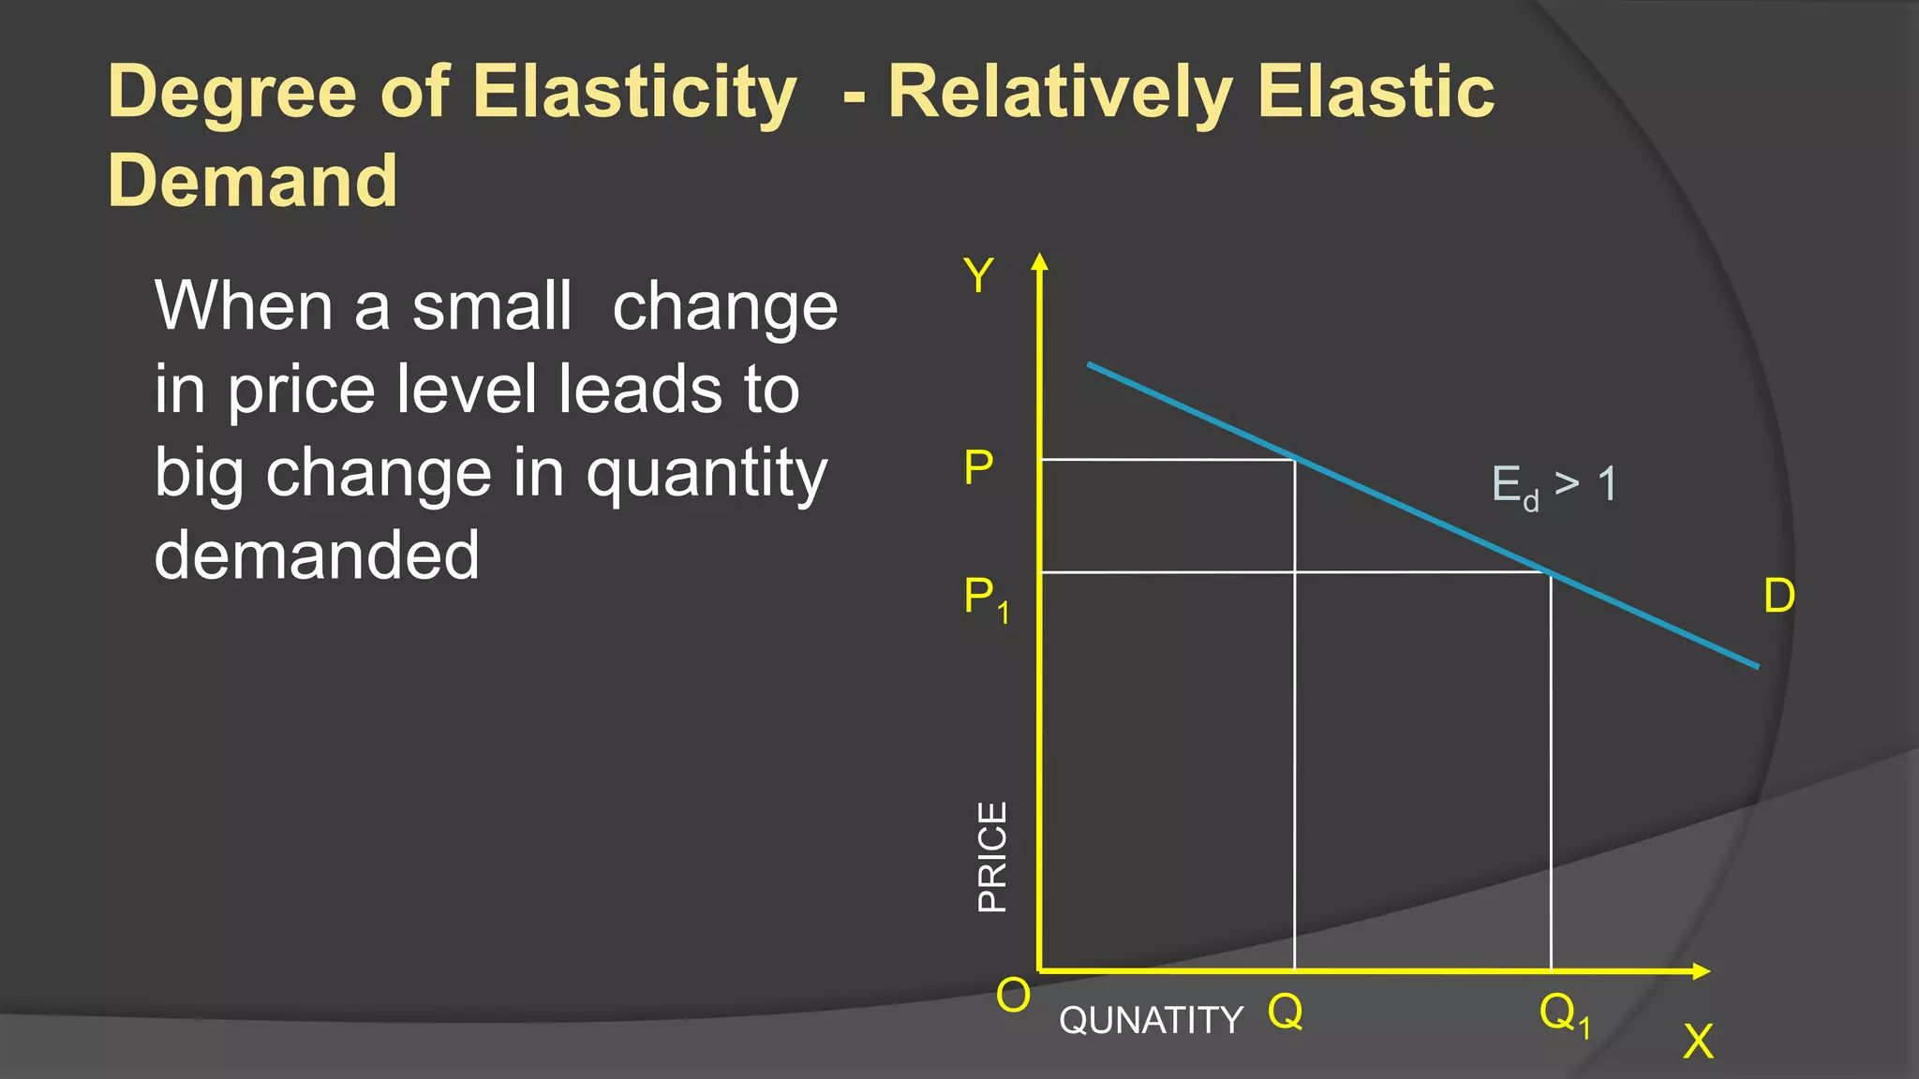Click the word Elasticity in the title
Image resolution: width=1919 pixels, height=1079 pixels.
click(x=634, y=92)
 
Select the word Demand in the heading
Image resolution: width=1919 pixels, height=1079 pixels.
click(x=252, y=180)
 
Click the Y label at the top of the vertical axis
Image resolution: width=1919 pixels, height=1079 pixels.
click(x=978, y=276)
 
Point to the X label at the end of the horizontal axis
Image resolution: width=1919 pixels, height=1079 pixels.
click(x=1698, y=1041)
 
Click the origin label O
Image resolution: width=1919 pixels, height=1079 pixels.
click(x=1013, y=995)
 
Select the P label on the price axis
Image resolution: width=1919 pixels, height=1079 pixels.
click(x=978, y=466)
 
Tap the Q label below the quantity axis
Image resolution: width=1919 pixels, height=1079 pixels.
click(x=1285, y=1012)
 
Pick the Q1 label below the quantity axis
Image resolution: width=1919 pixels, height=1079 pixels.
click(x=1564, y=1014)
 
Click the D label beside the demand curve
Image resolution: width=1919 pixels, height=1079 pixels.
click(x=1778, y=596)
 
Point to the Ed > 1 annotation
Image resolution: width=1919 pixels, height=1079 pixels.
click(x=1554, y=486)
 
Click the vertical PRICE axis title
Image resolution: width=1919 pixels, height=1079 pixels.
click(x=992, y=856)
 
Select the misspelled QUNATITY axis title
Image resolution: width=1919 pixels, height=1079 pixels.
click(x=1151, y=1020)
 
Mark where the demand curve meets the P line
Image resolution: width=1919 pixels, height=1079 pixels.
click(x=1295, y=460)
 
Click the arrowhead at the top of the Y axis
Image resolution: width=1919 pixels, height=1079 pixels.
click(x=1038, y=261)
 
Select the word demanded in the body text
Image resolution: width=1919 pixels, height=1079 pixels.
click(x=317, y=554)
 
